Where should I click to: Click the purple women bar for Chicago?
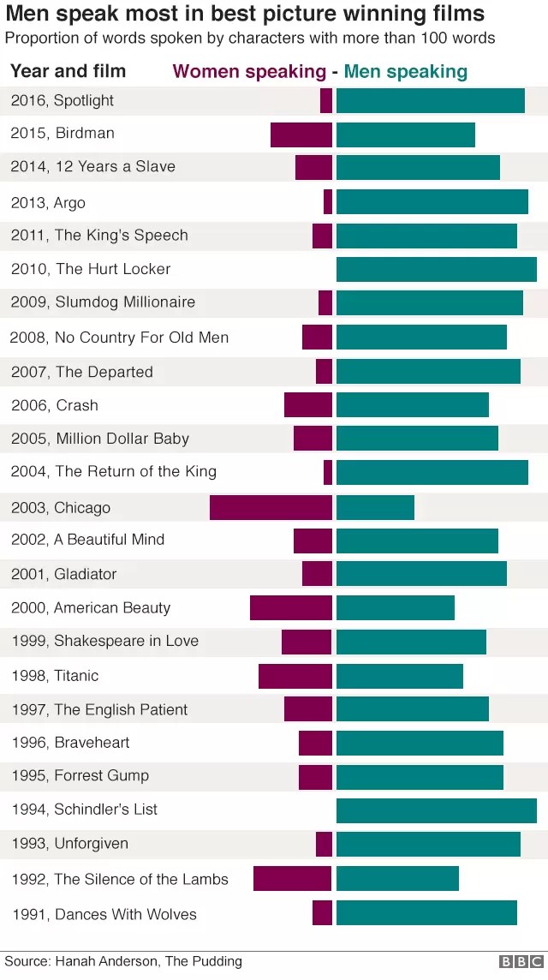pos(271,507)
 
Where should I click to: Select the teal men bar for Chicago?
pos(375,507)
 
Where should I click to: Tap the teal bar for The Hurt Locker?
pos(436,269)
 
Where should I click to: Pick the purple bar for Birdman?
pos(301,134)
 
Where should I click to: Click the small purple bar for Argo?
pos(328,202)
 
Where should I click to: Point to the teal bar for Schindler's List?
pos(436,810)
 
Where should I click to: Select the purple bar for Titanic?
pos(295,676)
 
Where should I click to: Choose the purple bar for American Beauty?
pos(290,608)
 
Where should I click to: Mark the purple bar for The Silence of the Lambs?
pos(292,878)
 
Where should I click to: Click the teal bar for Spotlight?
pos(430,100)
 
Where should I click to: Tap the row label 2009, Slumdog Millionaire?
pos(103,302)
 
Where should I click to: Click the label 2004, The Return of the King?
pos(114,471)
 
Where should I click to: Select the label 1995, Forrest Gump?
pos(80,776)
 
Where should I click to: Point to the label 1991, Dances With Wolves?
pos(104,914)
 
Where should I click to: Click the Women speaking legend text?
pos(249,72)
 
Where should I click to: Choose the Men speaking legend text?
pos(406,72)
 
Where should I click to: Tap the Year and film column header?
pos(68,71)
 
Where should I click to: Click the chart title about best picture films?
pos(245,15)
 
